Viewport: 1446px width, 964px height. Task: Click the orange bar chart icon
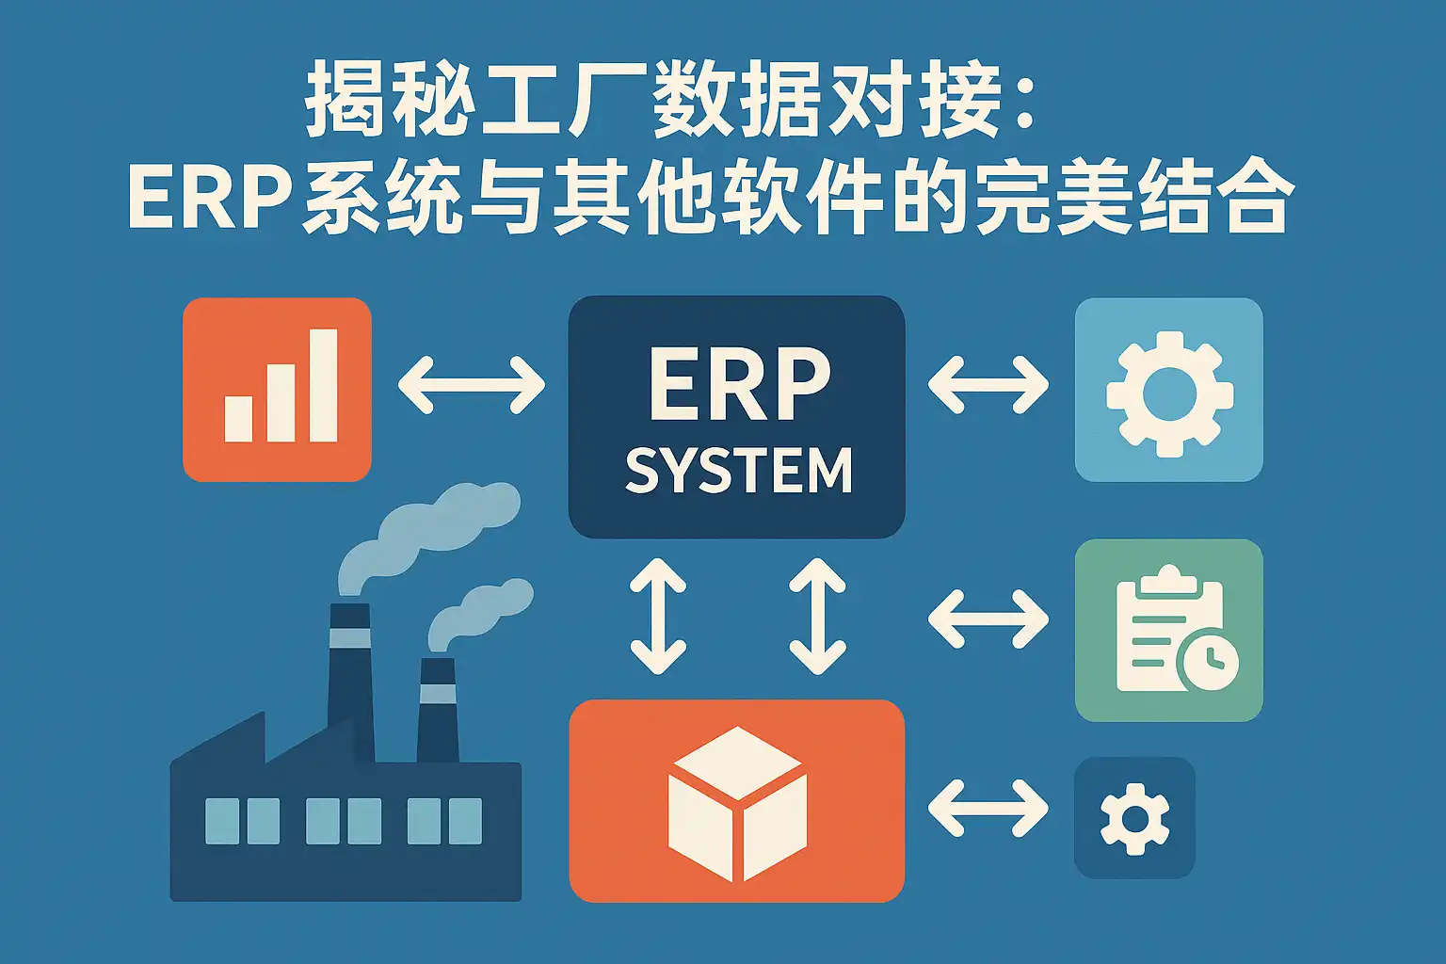click(277, 390)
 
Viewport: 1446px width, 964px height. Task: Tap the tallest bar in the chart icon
click(323, 385)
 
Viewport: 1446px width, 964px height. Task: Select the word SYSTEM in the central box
click(738, 471)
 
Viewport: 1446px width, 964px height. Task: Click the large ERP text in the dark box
click(739, 385)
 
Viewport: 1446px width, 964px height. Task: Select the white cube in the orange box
click(737, 804)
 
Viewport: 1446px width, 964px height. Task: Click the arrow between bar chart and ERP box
click(471, 385)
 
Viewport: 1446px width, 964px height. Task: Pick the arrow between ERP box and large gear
click(988, 385)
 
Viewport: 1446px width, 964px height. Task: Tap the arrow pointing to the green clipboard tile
click(988, 619)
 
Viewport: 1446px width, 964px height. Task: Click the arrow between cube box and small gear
click(988, 808)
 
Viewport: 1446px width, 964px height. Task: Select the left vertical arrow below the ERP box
click(657, 617)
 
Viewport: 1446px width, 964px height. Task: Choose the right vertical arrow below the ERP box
click(817, 617)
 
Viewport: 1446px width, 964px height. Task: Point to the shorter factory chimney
click(437, 706)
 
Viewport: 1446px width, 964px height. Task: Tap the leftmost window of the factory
click(222, 820)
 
